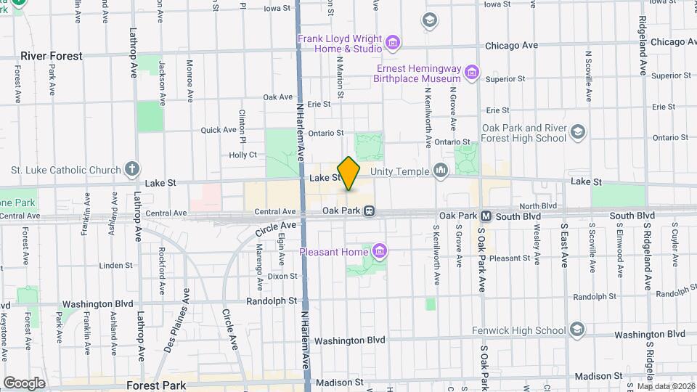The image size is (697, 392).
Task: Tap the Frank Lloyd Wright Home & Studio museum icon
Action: [393, 44]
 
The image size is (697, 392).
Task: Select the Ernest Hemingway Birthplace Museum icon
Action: [472, 73]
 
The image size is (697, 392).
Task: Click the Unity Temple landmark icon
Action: [440, 171]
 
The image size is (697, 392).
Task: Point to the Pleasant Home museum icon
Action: [378, 252]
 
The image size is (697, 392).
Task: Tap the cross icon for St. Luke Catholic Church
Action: [131, 171]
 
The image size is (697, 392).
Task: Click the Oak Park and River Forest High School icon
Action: [577, 132]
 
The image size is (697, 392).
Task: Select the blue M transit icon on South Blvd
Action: [486, 216]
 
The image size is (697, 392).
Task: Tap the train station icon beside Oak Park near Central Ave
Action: [369, 211]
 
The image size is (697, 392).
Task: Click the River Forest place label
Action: [52, 56]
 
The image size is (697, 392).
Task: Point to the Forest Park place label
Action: [156, 385]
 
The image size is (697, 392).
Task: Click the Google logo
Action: [24, 383]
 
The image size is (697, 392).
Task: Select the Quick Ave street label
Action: [219, 130]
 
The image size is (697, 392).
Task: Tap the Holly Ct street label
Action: [242, 155]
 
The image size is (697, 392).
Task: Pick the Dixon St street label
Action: [282, 277]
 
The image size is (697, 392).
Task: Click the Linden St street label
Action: [115, 265]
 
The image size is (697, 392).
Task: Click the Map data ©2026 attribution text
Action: [665, 386]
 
